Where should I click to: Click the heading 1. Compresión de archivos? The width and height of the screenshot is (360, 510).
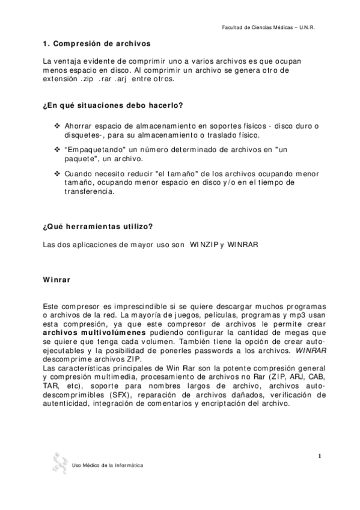pyautogui.click(x=97, y=44)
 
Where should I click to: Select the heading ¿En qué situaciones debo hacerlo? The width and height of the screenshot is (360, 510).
pyautogui.click(x=113, y=106)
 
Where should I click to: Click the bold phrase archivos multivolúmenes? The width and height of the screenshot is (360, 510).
pyautogui.click(x=95, y=333)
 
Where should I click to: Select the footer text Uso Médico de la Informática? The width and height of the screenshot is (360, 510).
pyautogui.click(x=108, y=466)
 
